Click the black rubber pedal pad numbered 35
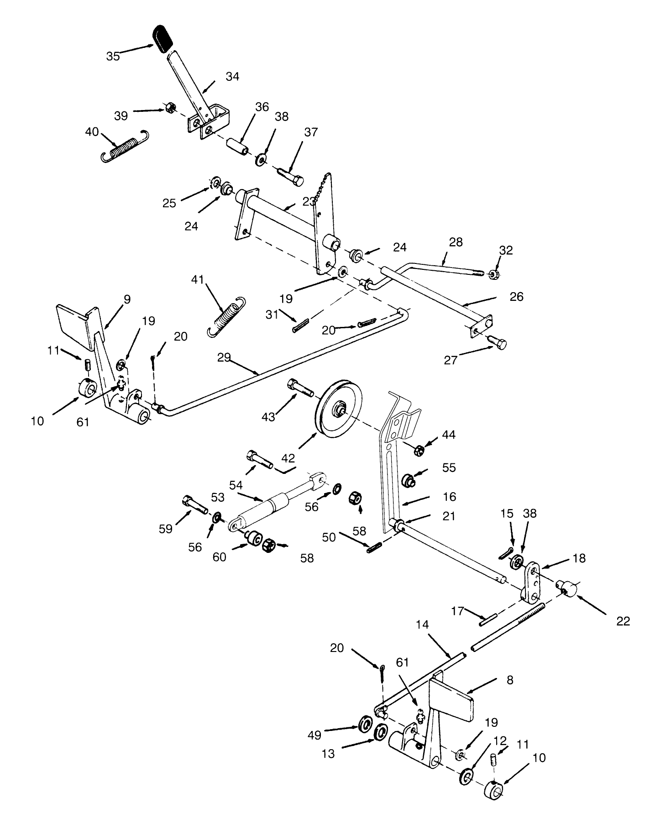[x=162, y=38]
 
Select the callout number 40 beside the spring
[x=92, y=132]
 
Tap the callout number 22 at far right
[x=623, y=621]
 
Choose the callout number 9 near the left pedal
[x=127, y=299]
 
